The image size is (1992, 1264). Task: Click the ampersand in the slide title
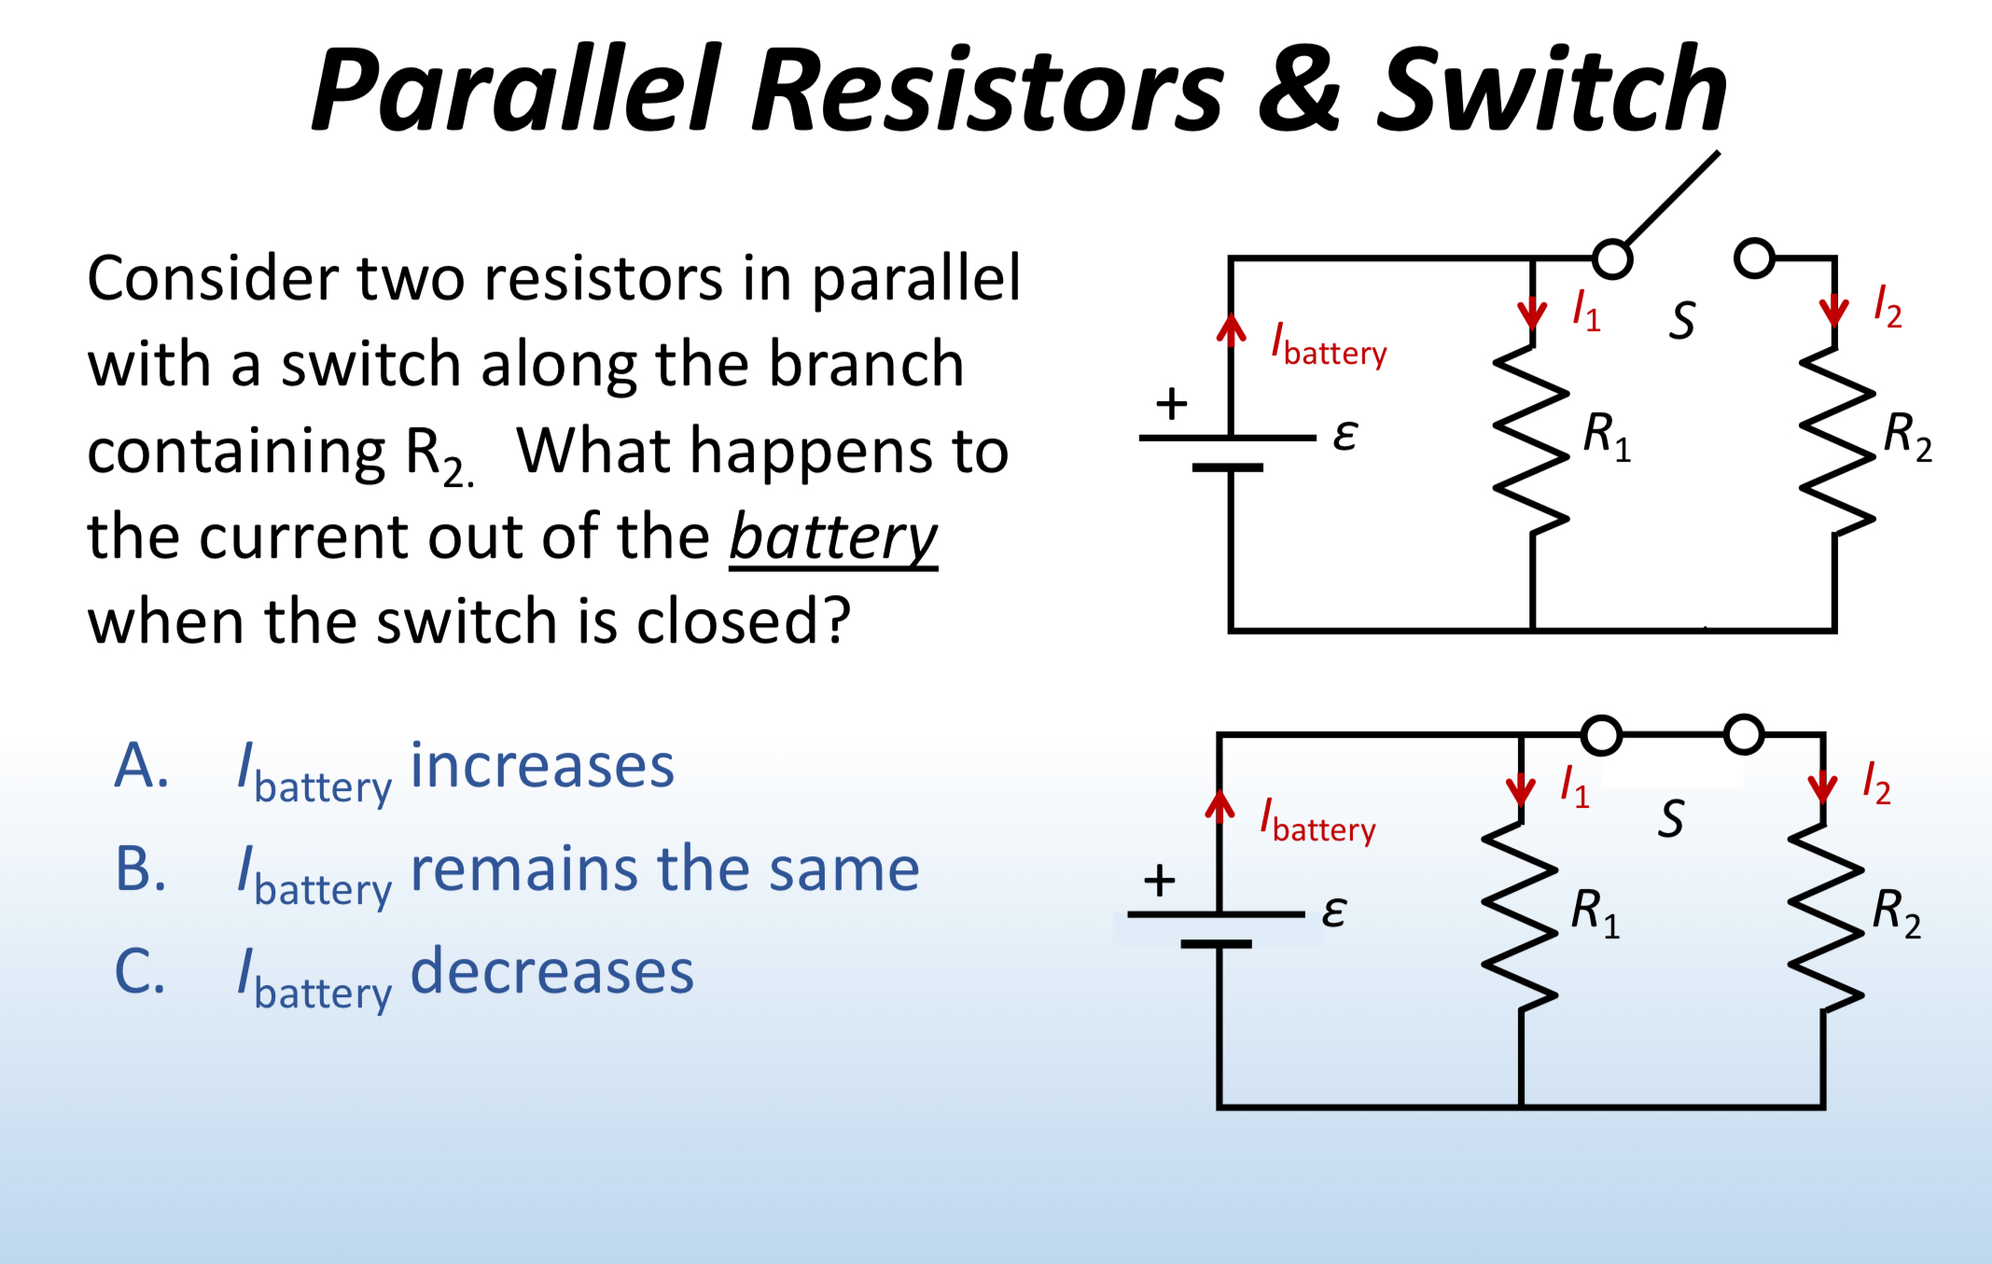click(1300, 90)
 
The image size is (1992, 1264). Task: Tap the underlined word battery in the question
click(833, 538)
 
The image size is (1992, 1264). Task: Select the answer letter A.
click(142, 767)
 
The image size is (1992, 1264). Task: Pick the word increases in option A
click(542, 767)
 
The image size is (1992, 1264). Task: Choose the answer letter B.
click(142, 869)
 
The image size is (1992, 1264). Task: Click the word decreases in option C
click(552, 972)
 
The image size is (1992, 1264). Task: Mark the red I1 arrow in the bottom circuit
click(1521, 788)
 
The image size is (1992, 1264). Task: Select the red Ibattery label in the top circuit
click(1329, 345)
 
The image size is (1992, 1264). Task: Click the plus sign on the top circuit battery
click(1172, 404)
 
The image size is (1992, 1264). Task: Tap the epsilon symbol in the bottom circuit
click(1334, 910)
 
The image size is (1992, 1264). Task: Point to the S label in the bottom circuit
click(1671, 819)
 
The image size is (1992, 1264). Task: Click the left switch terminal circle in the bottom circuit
click(1602, 735)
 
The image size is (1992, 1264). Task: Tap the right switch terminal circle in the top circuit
click(1754, 258)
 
